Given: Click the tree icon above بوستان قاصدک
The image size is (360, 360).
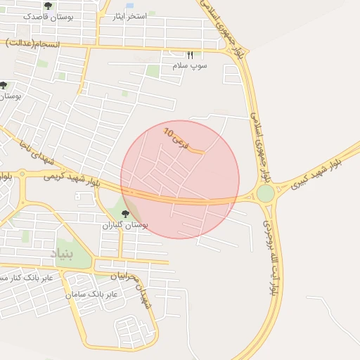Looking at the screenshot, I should click(x=48, y=6).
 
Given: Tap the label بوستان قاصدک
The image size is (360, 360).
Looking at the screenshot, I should click(x=46, y=15).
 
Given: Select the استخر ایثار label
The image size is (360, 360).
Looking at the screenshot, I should click(x=132, y=16).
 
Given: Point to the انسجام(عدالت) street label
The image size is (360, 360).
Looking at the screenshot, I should click(x=34, y=44).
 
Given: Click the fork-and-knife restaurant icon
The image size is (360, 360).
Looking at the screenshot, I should click(x=190, y=54).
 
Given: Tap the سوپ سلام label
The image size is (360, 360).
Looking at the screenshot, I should click(x=190, y=65).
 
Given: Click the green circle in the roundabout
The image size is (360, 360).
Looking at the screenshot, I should click(x=265, y=193).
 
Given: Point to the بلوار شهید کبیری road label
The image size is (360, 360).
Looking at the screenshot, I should click(x=316, y=169).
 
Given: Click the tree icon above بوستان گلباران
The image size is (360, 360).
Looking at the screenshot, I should click(x=125, y=214).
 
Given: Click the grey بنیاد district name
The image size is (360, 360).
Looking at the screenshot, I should click(x=60, y=252).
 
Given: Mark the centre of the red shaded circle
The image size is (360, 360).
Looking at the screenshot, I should click(x=180, y=179).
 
